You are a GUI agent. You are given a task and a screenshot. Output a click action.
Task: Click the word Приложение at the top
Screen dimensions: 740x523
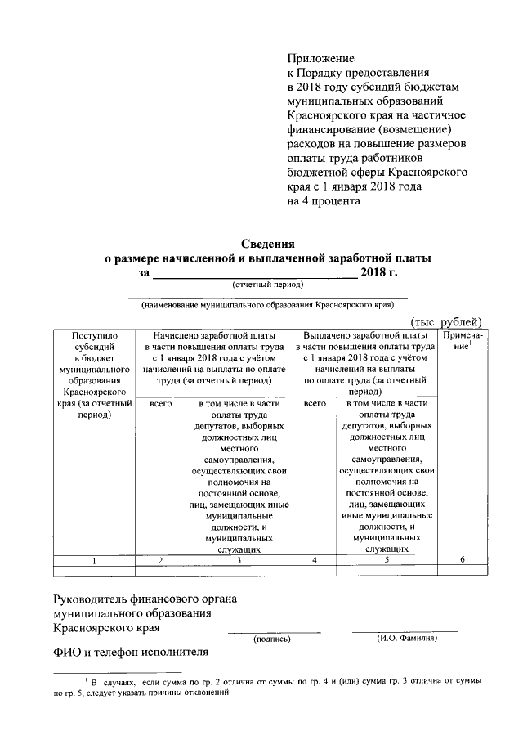click(x=321, y=58)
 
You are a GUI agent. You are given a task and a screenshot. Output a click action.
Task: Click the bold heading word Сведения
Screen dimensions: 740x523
click(x=267, y=244)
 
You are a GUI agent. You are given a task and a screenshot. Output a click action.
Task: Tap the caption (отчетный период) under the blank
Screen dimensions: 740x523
click(x=267, y=285)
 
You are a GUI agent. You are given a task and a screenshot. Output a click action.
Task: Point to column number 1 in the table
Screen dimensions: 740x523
click(x=94, y=560)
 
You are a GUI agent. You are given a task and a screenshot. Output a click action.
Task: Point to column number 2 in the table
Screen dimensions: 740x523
click(x=161, y=560)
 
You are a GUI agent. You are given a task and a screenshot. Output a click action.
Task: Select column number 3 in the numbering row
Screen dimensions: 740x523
click(x=238, y=560)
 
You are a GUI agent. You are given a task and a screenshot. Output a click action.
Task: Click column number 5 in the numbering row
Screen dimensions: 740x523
click(x=388, y=560)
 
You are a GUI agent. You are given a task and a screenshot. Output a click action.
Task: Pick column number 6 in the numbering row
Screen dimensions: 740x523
click(x=462, y=560)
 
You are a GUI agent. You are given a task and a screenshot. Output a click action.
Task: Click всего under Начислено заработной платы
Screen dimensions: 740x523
click(x=161, y=404)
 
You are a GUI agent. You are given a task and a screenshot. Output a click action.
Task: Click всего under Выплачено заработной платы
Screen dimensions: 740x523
click(x=315, y=404)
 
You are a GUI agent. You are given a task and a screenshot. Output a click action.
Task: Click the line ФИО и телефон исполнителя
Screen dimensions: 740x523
click(x=131, y=652)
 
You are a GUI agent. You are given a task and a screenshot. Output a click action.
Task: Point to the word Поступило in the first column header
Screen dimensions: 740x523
click(x=95, y=335)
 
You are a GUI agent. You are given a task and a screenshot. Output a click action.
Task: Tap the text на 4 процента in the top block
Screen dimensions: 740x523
click(x=323, y=200)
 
